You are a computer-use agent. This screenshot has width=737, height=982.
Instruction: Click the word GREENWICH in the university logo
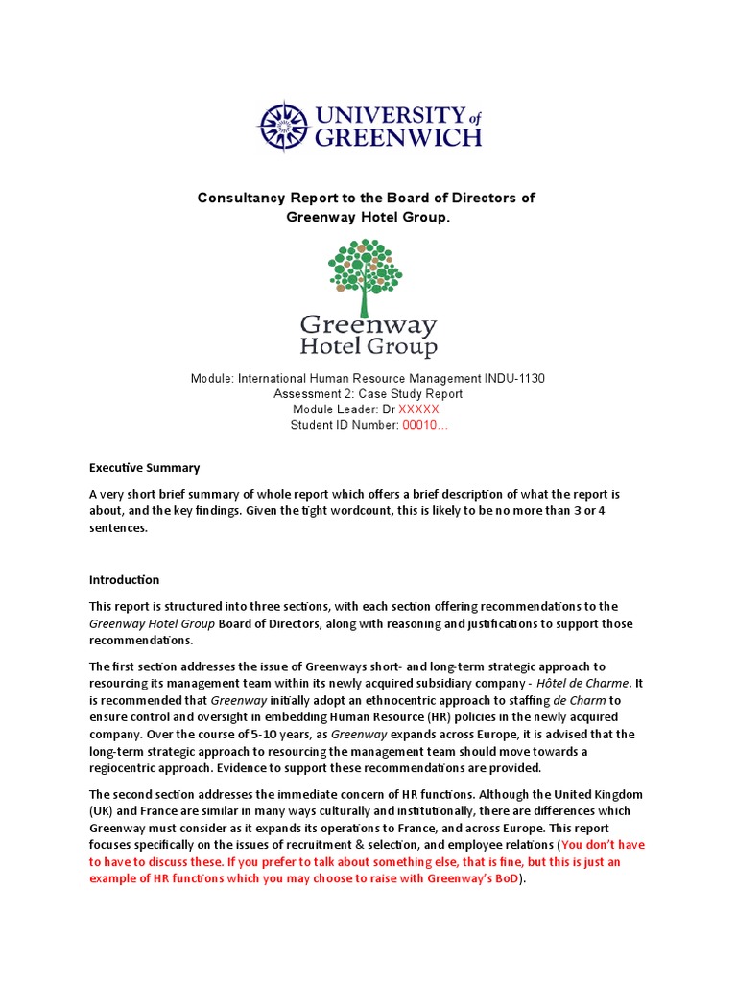point(398,138)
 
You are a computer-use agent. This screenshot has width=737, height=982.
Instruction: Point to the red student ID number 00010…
point(424,426)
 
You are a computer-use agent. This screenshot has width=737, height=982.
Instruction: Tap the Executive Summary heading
point(144,468)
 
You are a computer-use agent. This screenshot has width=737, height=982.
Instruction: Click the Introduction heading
point(124,580)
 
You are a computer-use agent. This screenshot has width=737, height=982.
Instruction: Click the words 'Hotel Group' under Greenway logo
point(368,346)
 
